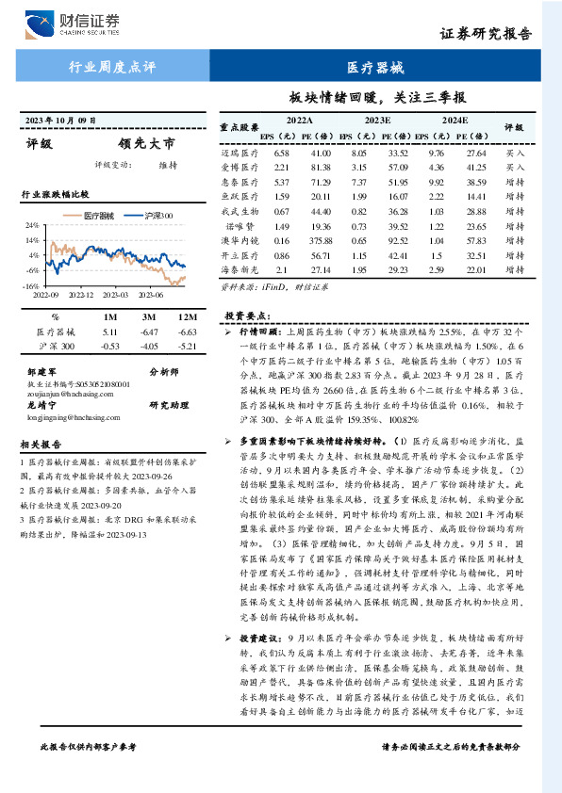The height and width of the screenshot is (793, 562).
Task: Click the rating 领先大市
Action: [x=147, y=145]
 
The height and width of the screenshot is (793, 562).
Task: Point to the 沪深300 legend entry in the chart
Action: [x=155, y=217]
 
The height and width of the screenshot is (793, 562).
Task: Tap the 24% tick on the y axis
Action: [x=32, y=226]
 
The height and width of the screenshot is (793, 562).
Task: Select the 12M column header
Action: [x=187, y=316]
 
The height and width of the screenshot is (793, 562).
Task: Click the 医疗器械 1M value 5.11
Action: [x=108, y=332]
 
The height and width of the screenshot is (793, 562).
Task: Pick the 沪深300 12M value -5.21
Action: [x=187, y=347]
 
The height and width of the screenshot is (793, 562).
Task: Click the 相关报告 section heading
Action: [x=41, y=444]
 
